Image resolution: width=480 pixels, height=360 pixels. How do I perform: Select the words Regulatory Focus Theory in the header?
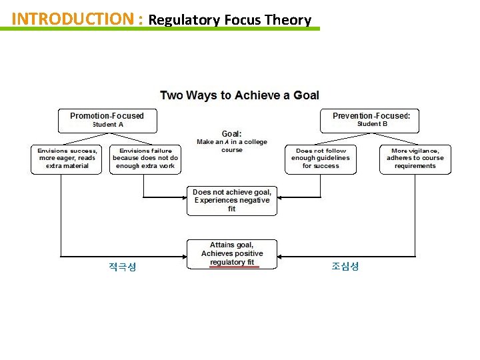[x=229, y=19]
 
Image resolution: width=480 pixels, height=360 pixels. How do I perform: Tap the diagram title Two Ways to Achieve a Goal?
[x=239, y=95]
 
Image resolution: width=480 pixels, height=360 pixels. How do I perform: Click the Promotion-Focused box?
[x=107, y=119]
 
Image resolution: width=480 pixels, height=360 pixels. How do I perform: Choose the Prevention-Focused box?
[x=371, y=119]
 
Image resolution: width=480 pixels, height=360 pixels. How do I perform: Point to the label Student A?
[x=107, y=125]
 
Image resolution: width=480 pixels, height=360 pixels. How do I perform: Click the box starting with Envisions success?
[x=67, y=159]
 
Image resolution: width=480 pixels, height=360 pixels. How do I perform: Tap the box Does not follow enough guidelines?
[x=321, y=159]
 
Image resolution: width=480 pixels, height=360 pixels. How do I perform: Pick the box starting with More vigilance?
[x=415, y=159]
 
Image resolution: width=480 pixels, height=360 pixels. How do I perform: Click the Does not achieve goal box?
[x=231, y=200]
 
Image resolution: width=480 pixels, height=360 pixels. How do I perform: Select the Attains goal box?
[x=231, y=253]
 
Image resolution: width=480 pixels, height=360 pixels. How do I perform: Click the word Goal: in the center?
[x=231, y=133]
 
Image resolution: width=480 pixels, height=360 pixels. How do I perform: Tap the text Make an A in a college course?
[x=231, y=146]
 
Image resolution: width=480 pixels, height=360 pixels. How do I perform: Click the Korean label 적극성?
[x=123, y=267]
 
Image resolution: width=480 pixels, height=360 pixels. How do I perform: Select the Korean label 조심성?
[x=345, y=266]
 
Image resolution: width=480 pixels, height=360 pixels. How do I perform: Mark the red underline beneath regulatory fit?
[x=232, y=267]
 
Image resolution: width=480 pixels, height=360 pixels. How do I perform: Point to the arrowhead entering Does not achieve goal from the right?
[x=280, y=198]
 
